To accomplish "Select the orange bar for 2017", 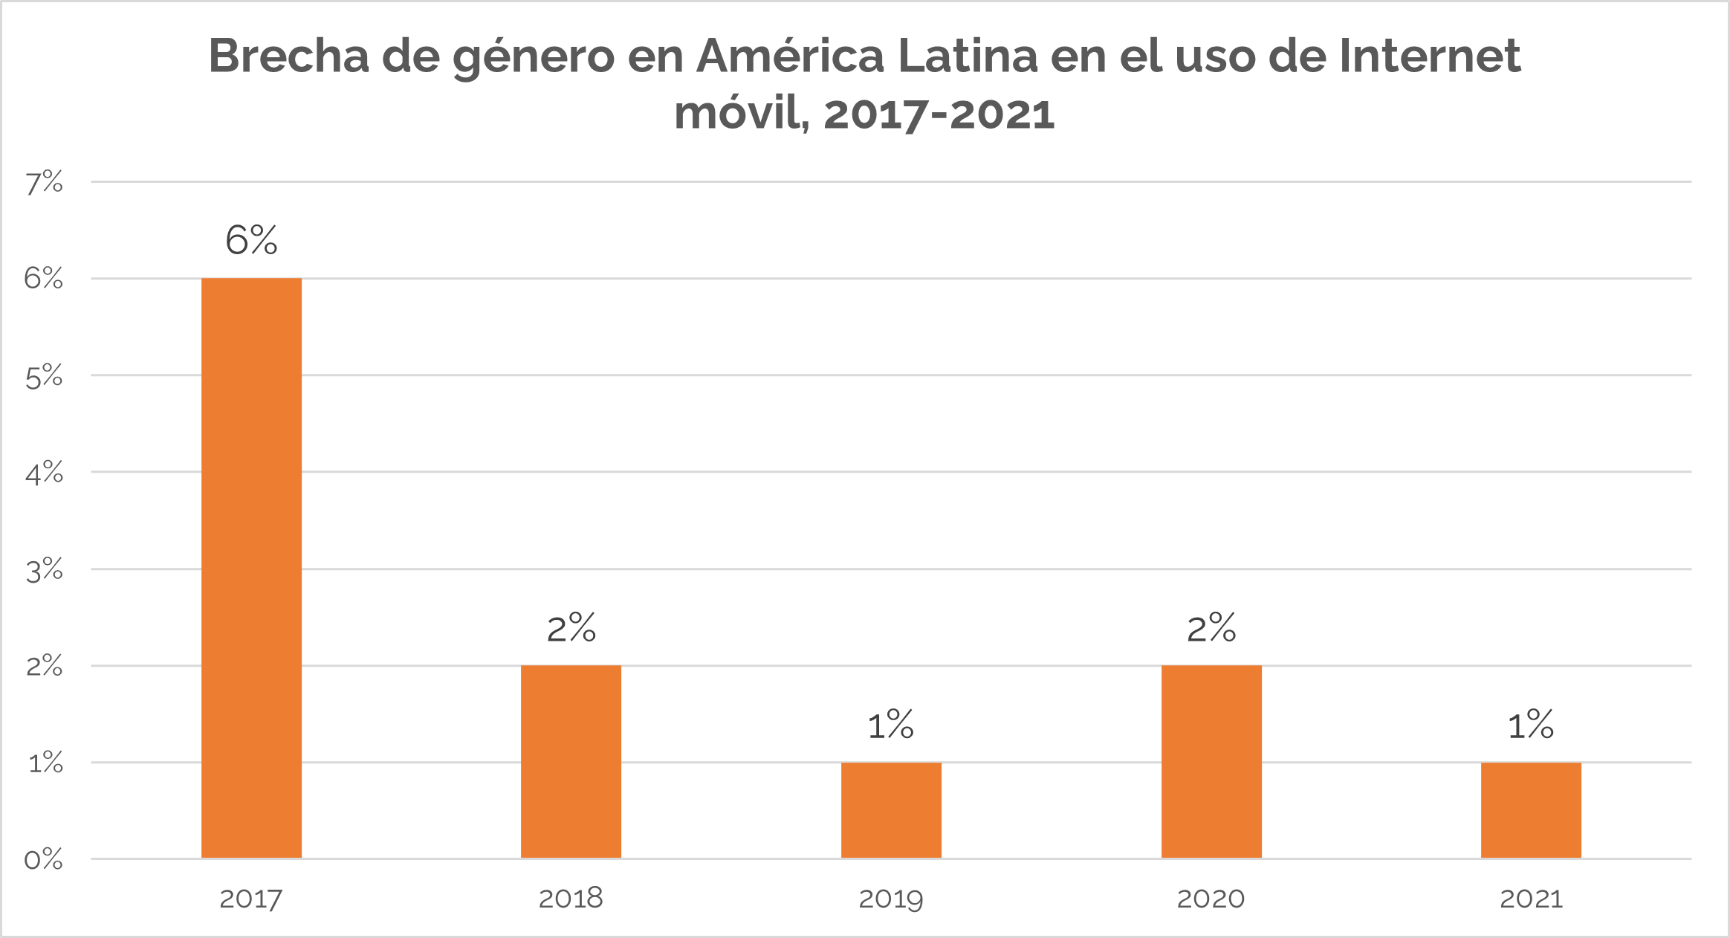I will point(251,569).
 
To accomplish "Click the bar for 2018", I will point(571,762).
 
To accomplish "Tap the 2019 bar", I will point(891,810).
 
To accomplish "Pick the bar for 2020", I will point(1211,762).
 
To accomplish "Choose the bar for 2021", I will point(1531,810).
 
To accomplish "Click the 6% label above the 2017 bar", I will point(251,240).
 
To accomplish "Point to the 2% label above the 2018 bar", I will point(571,629).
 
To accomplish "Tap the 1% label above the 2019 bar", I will point(890,725).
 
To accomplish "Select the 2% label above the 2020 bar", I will point(1211,629).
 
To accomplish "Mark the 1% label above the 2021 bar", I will point(1531,725).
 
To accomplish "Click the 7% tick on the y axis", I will point(44,183).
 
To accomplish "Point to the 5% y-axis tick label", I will point(44,377).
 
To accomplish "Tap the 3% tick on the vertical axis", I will point(44,571).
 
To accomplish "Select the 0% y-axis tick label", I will point(44,860).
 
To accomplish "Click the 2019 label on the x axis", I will point(890,899).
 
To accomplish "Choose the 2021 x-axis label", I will point(1531,899).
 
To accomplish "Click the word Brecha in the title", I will point(288,56).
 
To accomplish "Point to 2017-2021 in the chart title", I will point(939,114).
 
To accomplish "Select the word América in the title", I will point(790,56).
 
